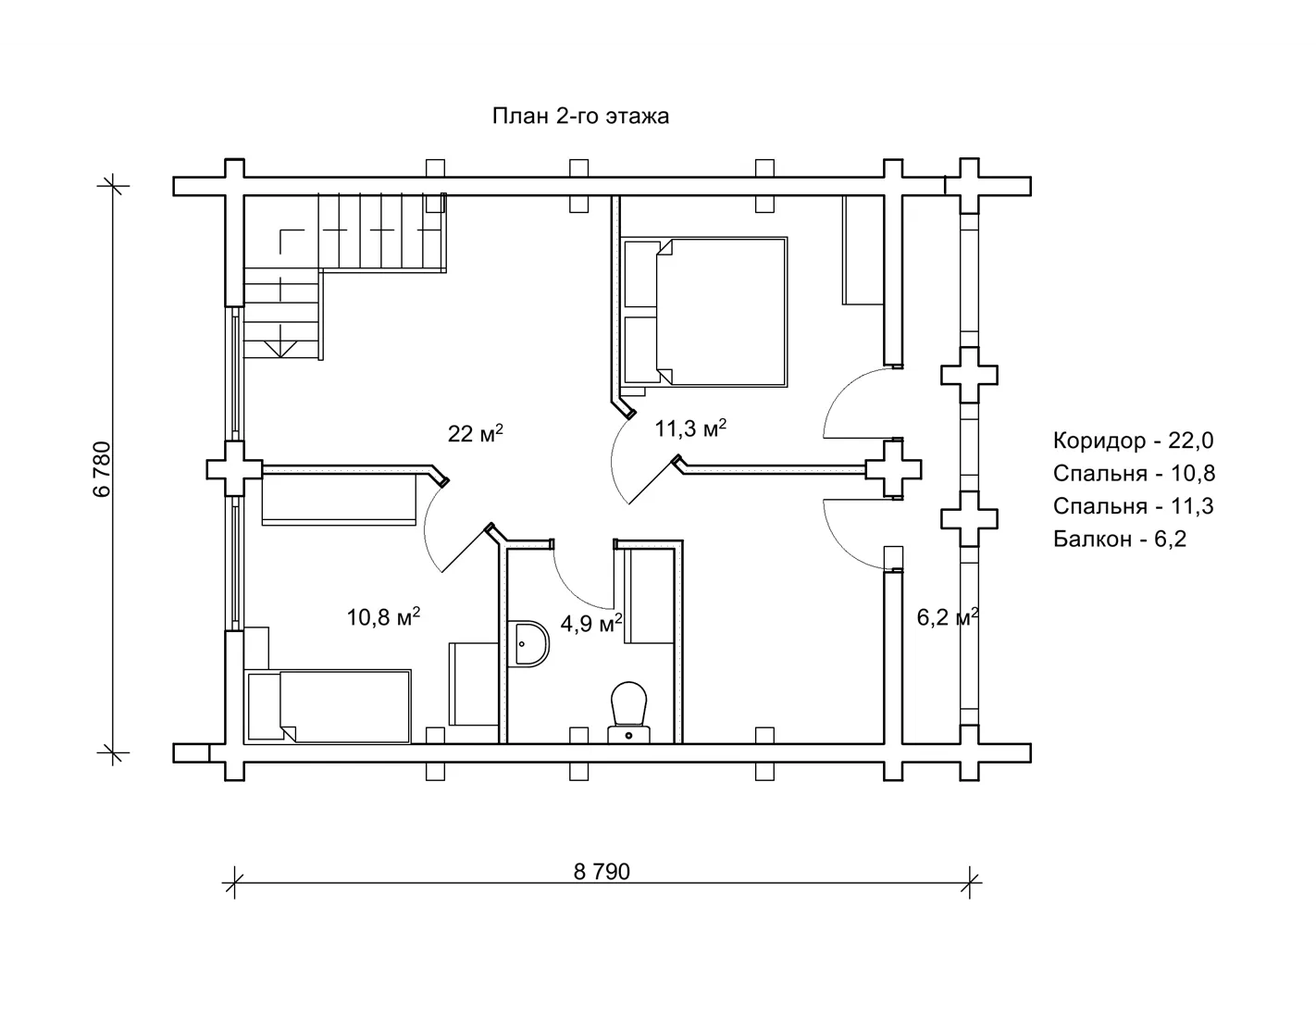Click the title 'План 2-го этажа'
[x=580, y=116]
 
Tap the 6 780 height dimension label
[x=103, y=469]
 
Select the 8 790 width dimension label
[x=602, y=872]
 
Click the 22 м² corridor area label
[x=476, y=433]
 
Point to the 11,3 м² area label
[x=690, y=428]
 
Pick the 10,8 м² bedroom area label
[x=383, y=617]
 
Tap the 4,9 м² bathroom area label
[x=591, y=623]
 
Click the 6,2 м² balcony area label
[x=948, y=617]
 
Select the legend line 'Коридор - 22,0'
[x=1133, y=441]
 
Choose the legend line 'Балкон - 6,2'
[x=1119, y=539]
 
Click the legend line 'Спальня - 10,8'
[x=1134, y=473]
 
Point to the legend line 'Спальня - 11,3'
[x=1133, y=505]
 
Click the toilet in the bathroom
[x=628, y=713]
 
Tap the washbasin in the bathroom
[x=528, y=643]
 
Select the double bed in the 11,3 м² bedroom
[x=705, y=312]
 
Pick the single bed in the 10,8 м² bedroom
[x=328, y=706]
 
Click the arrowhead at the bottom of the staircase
[x=281, y=350]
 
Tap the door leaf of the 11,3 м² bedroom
[x=654, y=480]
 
